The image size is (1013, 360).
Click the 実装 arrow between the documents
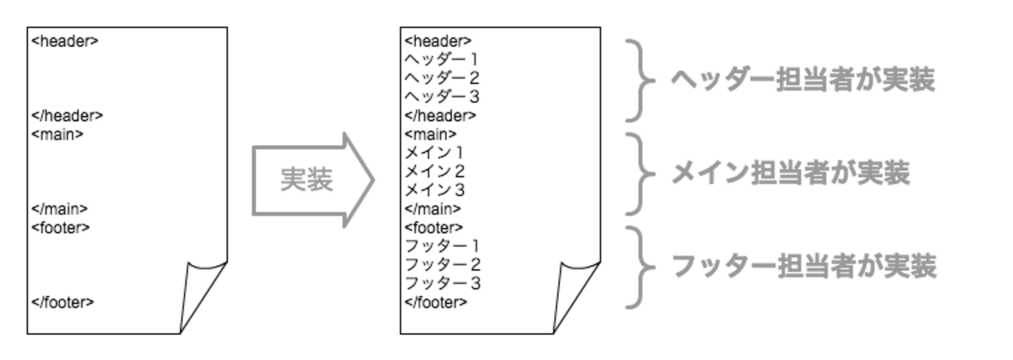click(312, 181)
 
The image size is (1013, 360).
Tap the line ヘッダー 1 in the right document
click(442, 59)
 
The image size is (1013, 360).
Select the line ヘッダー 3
click(442, 97)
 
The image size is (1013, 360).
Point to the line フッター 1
click(442, 246)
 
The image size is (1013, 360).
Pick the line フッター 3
click(442, 284)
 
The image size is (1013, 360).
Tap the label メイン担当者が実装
click(790, 174)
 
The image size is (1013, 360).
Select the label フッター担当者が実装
click(803, 267)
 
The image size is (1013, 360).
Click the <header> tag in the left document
click(65, 41)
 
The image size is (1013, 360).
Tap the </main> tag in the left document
click(59, 209)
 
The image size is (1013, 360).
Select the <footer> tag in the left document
click(61, 228)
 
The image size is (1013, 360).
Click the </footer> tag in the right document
click(436, 302)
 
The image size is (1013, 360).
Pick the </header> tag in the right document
click(440, 116)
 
